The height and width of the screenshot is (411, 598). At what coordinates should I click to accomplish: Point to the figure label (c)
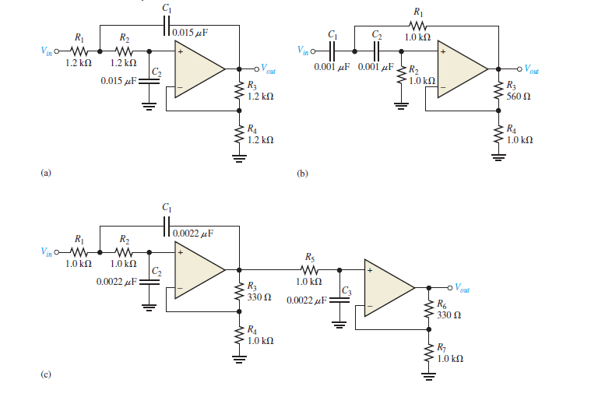click(46, 374)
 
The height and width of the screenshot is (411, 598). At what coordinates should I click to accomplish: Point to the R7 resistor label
click(441, 347)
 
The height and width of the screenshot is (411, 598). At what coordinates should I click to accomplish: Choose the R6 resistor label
click(441, 304)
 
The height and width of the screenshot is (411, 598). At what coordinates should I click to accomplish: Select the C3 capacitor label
click(346, 288)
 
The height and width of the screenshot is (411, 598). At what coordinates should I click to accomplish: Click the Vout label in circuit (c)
click(467, 287)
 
